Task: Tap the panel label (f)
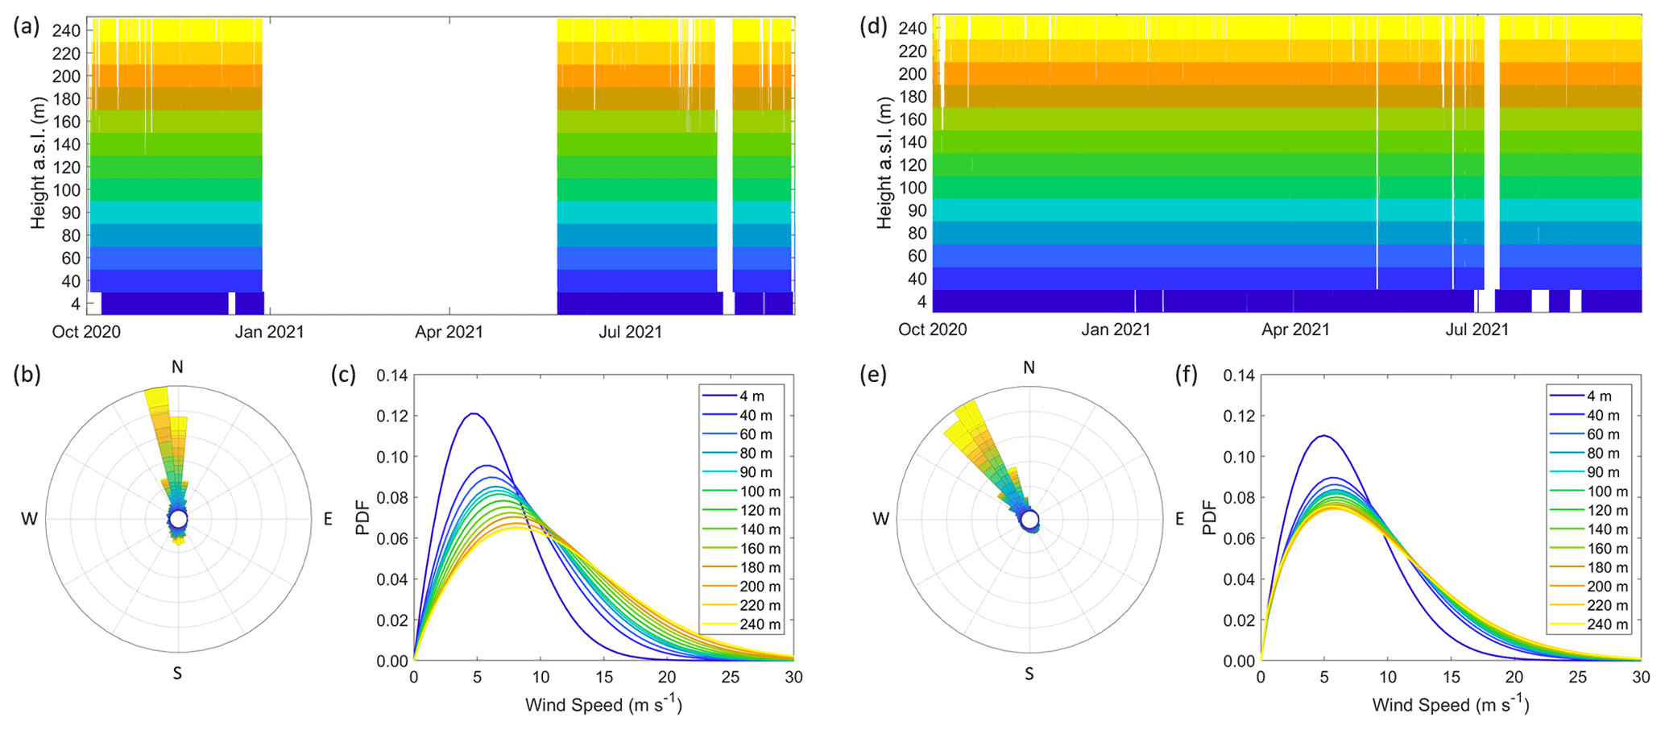pos(1187,375)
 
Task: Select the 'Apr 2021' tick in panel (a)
pos(449,332)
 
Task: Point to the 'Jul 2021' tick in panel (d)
pos(1477,330)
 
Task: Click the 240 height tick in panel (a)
pos(66,31)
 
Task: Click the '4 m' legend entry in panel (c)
pos(752,396)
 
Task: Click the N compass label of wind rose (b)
pos(177,367)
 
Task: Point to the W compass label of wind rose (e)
pos(880,520)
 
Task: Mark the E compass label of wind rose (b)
pos(328,520)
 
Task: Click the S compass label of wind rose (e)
pos(1029,674)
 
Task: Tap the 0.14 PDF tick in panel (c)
pos(391,375)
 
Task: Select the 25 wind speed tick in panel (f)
pos(1577,678)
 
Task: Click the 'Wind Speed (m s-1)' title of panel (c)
pos(603,704)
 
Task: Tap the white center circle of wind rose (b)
pos(178,520)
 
